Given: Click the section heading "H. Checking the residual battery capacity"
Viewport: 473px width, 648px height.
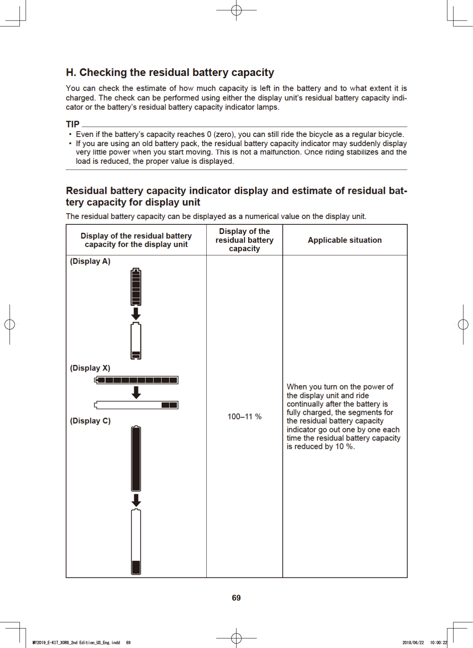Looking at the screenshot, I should (170, 73).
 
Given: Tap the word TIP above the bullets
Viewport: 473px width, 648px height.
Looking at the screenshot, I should (72, 124).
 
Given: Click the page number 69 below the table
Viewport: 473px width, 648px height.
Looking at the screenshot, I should (236, 598).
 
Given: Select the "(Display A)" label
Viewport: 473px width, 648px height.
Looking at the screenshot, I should (90, 261).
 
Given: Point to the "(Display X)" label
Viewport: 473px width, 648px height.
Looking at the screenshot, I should (90, 368).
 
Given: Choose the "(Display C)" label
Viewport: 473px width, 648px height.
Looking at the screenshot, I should (90, 421).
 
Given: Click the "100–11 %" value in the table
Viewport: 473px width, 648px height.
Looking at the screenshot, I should (245, 416).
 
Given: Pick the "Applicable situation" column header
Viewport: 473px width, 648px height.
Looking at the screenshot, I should (344, 240).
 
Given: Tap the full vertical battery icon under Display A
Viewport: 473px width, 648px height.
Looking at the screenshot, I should (136, 287).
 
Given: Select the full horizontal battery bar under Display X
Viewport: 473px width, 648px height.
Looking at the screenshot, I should (137, 380).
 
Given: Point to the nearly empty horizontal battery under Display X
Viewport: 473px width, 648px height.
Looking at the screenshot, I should (137, 405).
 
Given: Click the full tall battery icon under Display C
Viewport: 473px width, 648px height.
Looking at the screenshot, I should (136, 458).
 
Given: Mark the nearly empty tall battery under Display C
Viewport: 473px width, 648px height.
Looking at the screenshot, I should (136, 542).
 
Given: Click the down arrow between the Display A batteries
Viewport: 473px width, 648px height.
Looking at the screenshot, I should (136, 314).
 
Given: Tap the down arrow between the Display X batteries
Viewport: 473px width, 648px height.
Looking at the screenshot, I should (136, 393).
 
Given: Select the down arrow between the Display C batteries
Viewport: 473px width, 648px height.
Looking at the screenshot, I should (136, 500).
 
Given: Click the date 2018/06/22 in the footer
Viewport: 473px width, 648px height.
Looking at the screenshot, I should (413, 643).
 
